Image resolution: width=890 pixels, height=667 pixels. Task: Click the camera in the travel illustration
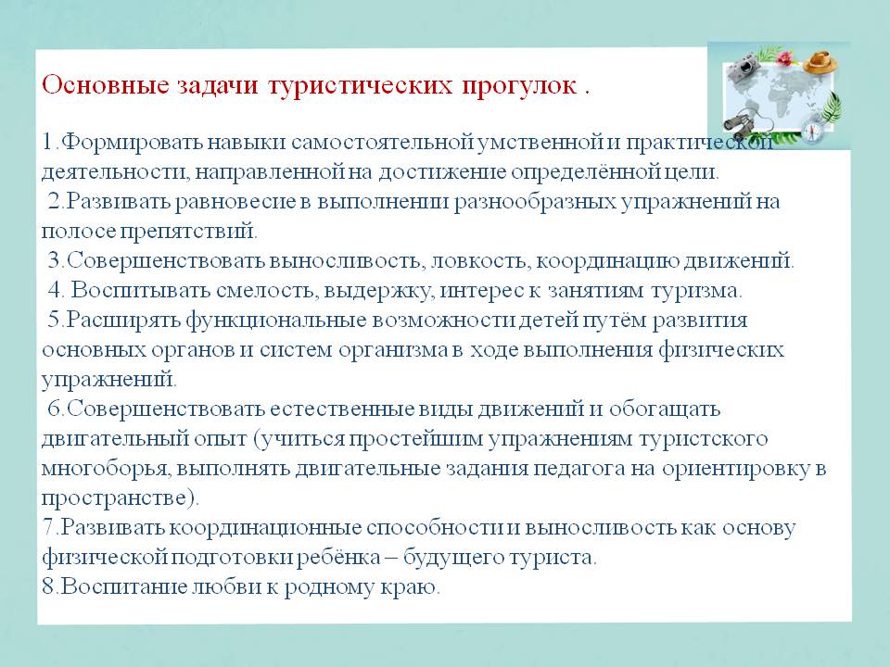[x=742, y=69]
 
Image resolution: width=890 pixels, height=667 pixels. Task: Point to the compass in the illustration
[x=813, y=132]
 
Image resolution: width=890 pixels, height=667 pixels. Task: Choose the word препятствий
[x=189, y=232]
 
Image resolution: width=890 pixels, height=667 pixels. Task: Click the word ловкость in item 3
[x=481, y=261]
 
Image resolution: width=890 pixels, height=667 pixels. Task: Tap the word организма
[x=393, y=350]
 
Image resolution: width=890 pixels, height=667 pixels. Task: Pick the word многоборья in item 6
[x=105, y=469]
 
